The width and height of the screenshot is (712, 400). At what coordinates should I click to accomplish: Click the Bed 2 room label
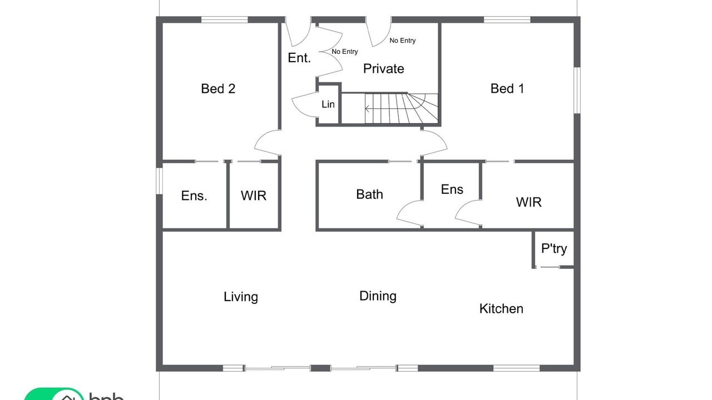tap(218, 88)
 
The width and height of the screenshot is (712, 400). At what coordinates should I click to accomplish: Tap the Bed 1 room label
tap(507, 88)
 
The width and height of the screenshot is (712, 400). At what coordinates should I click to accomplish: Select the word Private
tap(384, 69)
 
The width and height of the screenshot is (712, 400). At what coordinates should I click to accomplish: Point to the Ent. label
tap(299, 58)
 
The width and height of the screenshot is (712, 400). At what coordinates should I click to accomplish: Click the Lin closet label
tap(328, 104)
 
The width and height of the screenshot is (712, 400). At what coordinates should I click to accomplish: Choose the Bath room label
tap(369, 194)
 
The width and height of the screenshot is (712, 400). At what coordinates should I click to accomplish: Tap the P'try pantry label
tap(554, 248)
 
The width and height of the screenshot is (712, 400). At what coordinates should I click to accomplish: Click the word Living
tap(241, 297)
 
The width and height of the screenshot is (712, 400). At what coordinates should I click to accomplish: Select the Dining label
tap(378, 296)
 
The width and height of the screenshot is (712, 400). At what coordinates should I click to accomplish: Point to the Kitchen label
tap(501, 309)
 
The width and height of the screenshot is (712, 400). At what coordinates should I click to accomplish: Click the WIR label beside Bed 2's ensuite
tap(253, 196)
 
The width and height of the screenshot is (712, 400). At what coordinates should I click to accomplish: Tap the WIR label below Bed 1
tap(528, 202)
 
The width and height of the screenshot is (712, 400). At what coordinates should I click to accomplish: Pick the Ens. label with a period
tap(194, 196)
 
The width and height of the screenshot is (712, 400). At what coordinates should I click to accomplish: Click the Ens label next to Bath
tap(452, 189)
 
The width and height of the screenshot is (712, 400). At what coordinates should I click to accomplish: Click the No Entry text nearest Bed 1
tap(402, 41)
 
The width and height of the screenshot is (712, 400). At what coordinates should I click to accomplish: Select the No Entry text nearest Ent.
tap(344, 52)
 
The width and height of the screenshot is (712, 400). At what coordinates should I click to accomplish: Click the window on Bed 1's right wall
tap(577, 90)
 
